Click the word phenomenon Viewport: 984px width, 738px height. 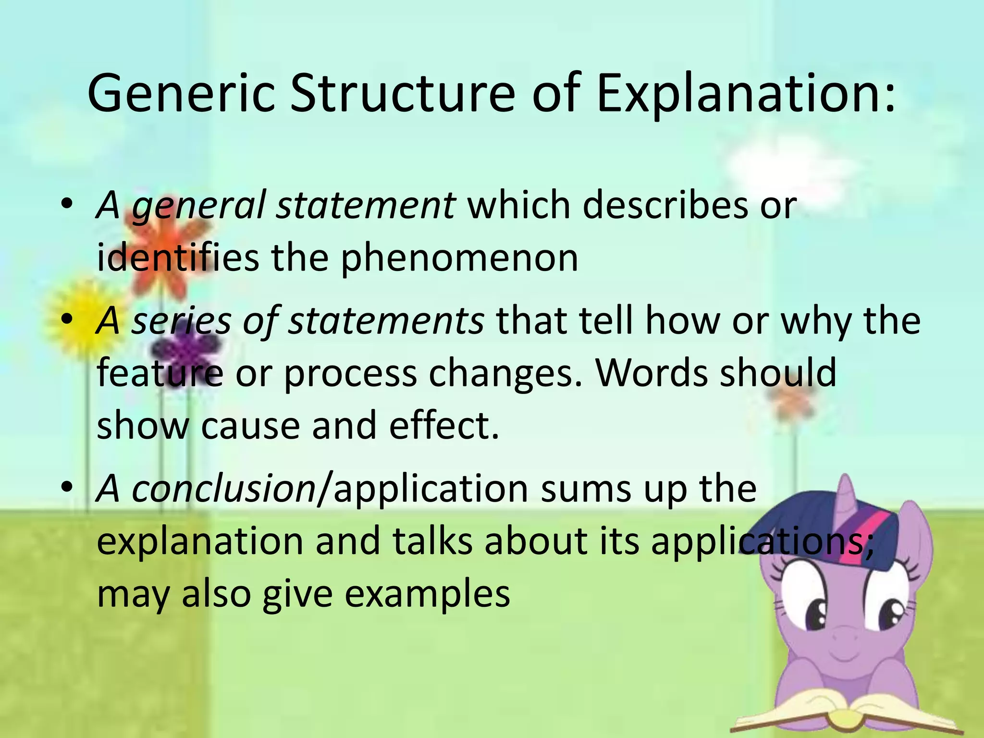click(x=459, y=258)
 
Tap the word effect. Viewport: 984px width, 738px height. click(x=444, y=426)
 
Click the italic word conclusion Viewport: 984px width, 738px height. click(x=223, y=489)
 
